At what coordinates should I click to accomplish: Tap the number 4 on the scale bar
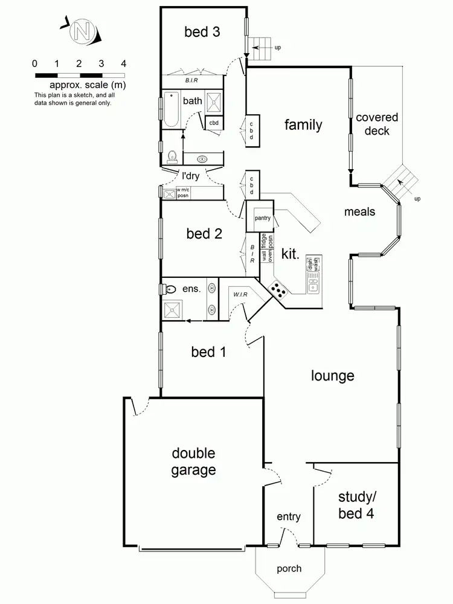pos(123,63)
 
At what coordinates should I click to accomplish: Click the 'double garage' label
pos(193,461)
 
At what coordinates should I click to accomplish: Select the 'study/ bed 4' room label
pos(357,507)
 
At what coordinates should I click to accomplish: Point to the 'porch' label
pos(289,568)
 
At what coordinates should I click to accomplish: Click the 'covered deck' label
pos(377,124)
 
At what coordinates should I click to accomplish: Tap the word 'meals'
pos(359,211)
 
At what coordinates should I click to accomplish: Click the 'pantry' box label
pos(262,218)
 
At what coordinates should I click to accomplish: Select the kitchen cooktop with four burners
pos(278,291)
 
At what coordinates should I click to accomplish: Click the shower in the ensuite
pos(173,309)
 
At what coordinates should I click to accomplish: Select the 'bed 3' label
pos(202,32)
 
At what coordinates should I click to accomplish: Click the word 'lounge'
pos(332,376)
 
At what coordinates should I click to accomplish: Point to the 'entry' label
pos(289,517)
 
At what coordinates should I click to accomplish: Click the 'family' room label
pos(303,125)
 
